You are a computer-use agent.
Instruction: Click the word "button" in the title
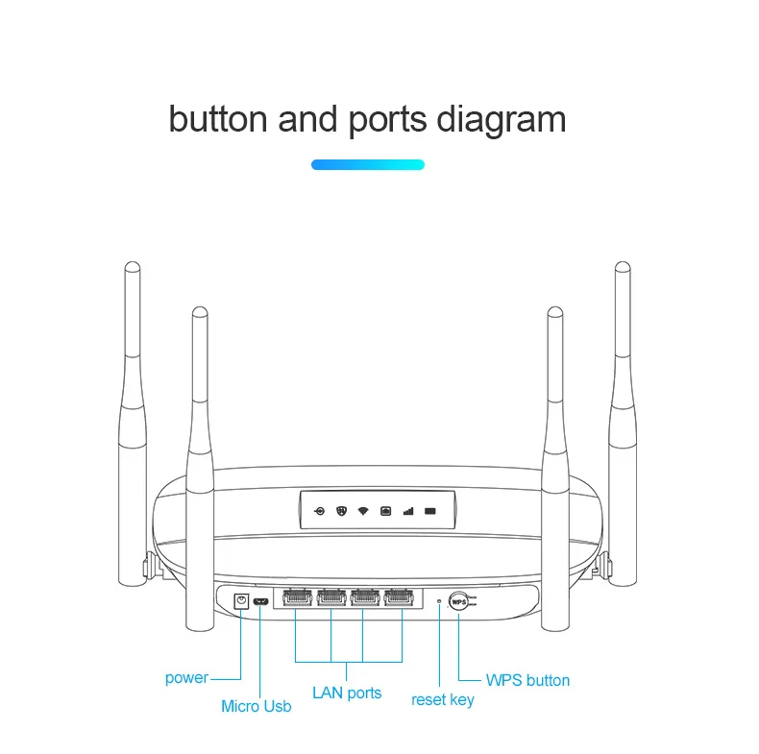(217, 119)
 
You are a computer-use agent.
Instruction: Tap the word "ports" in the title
(387, 121)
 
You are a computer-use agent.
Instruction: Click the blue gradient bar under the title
(368, 165)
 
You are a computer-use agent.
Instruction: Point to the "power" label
(186, 678)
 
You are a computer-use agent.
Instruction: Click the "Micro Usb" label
(256, 706)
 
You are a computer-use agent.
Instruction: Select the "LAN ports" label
(347, 693)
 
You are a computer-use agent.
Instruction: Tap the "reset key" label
(442, 699)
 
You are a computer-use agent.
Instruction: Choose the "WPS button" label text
(527, 680)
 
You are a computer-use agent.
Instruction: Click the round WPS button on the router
(458, 601)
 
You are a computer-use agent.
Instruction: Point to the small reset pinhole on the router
(439, 601)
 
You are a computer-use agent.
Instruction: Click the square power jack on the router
(242, 601)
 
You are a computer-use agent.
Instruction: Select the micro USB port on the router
(259, 602)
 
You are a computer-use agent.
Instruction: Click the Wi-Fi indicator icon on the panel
(363, 510)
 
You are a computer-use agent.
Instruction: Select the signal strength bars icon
(407, 510)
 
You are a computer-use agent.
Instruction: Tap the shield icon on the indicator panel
(341, 510)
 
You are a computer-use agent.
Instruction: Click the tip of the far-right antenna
(623, 267)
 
